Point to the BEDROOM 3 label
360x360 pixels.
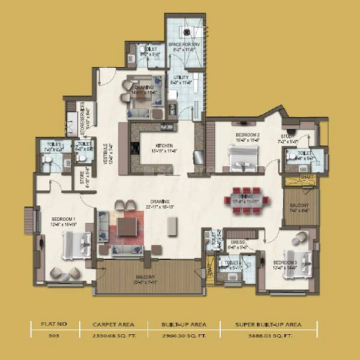point(285,262)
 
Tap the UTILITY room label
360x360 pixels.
point(181,77)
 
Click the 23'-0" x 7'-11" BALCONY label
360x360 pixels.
point(145,277)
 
